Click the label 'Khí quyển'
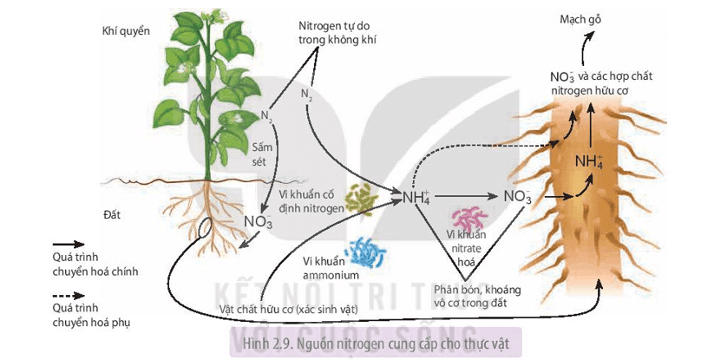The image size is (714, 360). click(126, 31)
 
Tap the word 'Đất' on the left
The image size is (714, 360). click(113, 213)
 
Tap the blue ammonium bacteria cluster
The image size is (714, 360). click(370, 254)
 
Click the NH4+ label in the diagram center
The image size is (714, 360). click(416, 197)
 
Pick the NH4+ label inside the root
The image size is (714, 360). click(589, 160)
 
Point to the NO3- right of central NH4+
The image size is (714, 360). click(518, 197)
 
